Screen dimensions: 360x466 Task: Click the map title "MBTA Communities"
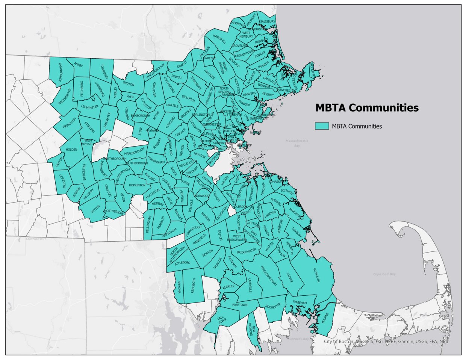click(x=366, y=108)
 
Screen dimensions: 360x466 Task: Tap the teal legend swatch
click(x=322, y=126)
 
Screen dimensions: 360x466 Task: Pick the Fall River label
click(x=222, y=320)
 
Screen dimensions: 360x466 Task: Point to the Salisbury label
click(x=268, y=22)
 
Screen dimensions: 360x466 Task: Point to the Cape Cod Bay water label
click(x=384, y=274)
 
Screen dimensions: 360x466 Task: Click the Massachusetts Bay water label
click(x=297, y=142)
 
